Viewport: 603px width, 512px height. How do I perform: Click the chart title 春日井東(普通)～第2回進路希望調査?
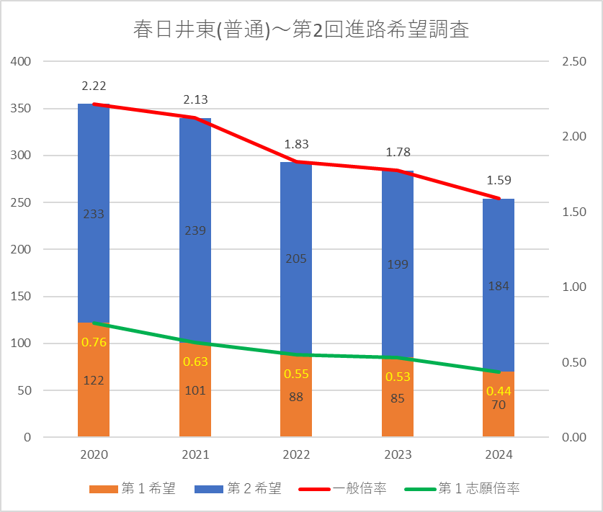[x=301, y=30]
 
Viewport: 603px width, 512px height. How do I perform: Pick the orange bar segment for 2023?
[x=398, y=410]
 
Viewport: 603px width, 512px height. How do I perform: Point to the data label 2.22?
[x=94, y=86]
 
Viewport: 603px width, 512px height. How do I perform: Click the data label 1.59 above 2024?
[x=499, y=180]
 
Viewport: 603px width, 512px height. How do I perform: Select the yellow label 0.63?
[x=195, y=361]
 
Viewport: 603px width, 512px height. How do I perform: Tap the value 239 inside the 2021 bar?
[x=195, y=231]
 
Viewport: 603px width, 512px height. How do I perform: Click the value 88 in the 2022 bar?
[x=296, y=396]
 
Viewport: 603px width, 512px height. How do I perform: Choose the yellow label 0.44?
[x=499, y=391]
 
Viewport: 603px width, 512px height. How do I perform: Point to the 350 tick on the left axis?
[x=22, y=109]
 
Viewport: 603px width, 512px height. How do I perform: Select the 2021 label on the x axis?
[x=195, y=455]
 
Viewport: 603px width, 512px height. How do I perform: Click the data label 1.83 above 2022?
[x=296, y=144]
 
